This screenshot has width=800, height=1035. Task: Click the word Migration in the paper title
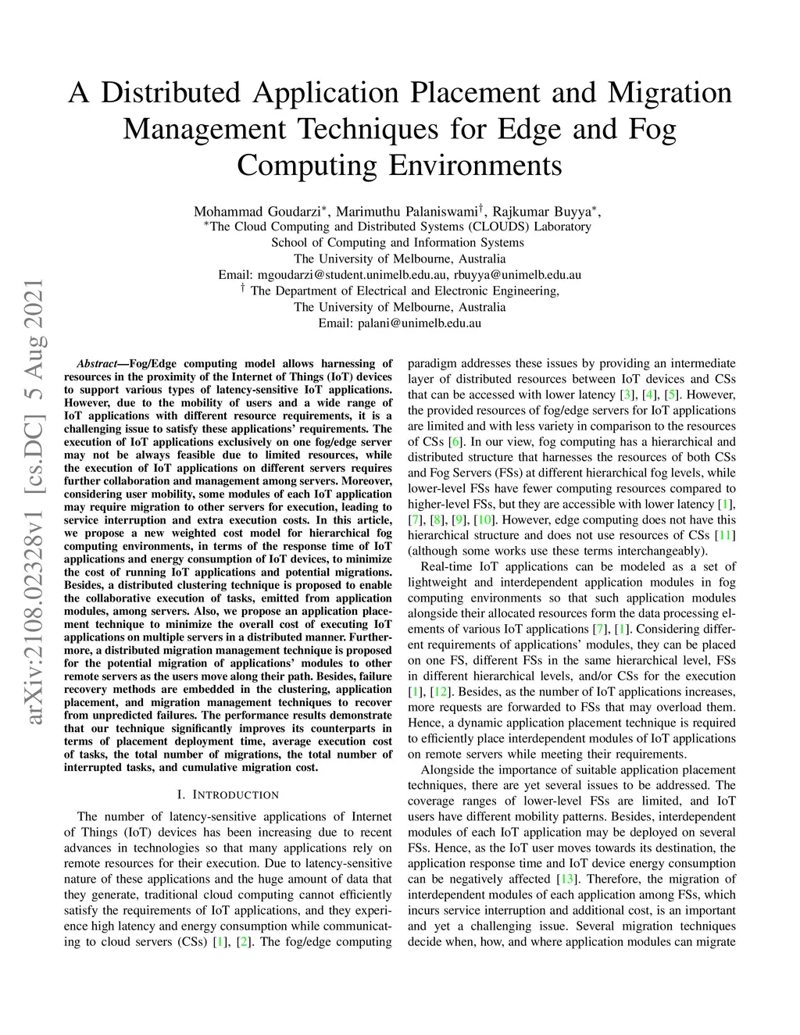click(x=669, y=93)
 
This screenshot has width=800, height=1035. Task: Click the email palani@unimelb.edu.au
click(x=420, y=323)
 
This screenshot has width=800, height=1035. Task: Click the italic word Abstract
click(x=97, y=364)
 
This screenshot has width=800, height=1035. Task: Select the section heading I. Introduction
click(x=228, y=795)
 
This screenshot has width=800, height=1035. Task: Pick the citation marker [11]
click(x=725, y=536)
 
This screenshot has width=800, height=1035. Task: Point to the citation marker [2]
click(x=245, y=942)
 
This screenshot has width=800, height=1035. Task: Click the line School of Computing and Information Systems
click(x=398, y=243)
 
